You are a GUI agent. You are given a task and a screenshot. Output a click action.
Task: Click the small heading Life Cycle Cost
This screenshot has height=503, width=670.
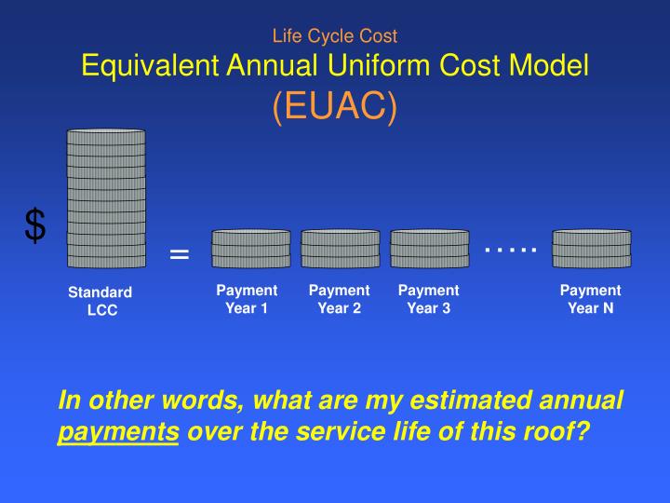click(335, 36)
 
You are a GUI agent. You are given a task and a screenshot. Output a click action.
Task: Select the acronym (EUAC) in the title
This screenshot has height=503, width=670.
click(335, 106)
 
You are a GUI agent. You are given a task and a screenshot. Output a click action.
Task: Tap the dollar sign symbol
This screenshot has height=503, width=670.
click(34, 225)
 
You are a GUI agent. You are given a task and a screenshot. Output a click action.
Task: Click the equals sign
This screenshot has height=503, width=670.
click(180, 254)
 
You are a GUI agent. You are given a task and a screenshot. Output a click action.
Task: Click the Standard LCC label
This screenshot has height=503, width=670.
click(100, 302)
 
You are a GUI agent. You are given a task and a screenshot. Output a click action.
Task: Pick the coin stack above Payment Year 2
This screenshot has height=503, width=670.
click(341, 250)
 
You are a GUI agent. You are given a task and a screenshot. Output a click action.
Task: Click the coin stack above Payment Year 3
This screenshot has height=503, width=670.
click(429, 250)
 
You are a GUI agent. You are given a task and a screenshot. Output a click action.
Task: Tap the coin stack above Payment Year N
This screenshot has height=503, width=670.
click(592, 250)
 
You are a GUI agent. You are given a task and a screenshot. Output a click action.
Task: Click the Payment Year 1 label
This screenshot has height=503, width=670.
click(247, 299)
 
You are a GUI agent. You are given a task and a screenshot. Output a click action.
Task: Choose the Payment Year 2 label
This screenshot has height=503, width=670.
click(340, 299)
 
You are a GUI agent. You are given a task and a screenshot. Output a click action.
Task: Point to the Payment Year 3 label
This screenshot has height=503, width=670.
click(429, 299)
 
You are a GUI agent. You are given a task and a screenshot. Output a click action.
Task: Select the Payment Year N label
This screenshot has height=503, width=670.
click(591, 299)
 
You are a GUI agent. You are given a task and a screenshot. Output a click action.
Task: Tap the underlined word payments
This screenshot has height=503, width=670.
click(117, 432)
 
